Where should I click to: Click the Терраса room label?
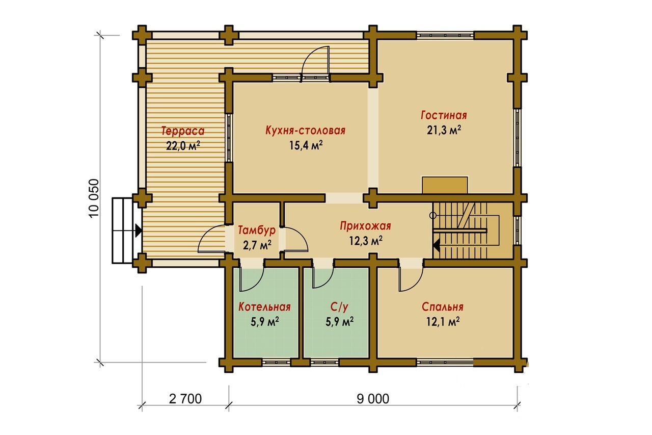(183, 131)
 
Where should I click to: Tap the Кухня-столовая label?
(305, 130)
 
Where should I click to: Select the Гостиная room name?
(444, 115)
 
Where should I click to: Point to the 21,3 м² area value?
(444, 130)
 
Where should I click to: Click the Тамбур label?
(257, 230)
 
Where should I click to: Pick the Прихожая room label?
(366, 226)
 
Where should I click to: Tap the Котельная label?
(264, 307)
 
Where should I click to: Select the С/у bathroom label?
(339, 307)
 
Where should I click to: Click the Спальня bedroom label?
(443, 307)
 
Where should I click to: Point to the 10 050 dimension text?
(94, 198)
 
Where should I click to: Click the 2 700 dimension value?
(185, 399)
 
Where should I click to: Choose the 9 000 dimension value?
(373, 399)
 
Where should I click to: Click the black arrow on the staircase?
(437, 246)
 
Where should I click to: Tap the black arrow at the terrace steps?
(139, 231)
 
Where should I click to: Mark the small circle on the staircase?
(433, 216)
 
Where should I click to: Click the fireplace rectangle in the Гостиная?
(445, 185)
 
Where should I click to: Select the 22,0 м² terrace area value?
(183, 145)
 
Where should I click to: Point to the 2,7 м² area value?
(257, 245)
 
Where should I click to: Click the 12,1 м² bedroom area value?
(443, 322)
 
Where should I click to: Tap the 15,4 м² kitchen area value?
(306, 145)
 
